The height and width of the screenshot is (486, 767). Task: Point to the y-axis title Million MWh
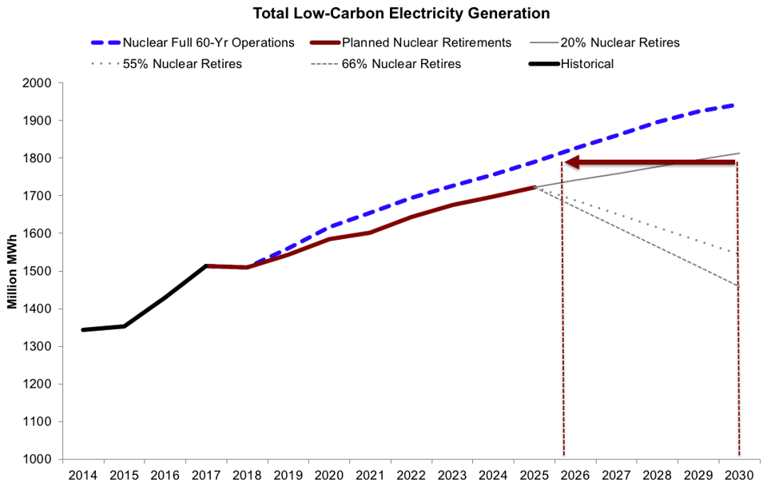(14, 271)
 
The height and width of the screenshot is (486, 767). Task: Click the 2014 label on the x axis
(83, 475)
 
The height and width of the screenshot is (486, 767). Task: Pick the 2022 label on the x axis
(411, 475)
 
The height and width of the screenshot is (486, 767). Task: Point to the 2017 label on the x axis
(206, 475)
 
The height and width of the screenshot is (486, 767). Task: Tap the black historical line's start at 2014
(83, 329)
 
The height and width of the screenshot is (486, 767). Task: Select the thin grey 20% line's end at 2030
(739, 153)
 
